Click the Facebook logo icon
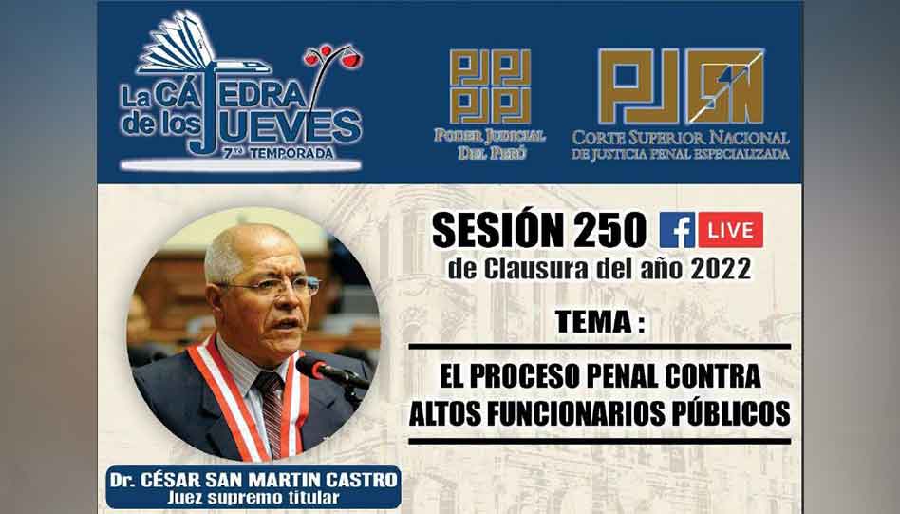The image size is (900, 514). pos(677,230)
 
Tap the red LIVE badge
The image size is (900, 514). pos(730,230)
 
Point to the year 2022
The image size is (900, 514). pos(721,269)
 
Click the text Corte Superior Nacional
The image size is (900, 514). pos(680,138)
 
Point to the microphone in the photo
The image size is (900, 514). pos(333,372)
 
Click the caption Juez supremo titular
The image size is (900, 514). pos(253,497)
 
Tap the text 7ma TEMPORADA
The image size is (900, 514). pos(278,153)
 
